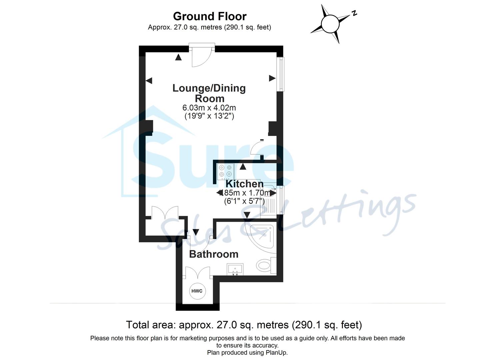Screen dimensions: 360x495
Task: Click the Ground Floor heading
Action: point(209,16)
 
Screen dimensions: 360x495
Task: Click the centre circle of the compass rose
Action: point(330,24)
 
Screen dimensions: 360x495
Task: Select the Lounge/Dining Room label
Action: point(209,93)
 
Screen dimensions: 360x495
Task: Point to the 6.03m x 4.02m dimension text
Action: point(209,108)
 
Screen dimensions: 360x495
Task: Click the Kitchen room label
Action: point(244,184)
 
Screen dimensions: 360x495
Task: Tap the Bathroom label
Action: point(214,254)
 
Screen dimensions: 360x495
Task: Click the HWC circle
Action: point(197,291)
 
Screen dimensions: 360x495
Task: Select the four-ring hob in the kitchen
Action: point(225,171)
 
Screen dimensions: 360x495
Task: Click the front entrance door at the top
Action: point(202,55)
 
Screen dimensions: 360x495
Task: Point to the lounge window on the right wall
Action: point(281,74)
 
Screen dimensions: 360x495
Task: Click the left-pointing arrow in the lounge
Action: point(149,81)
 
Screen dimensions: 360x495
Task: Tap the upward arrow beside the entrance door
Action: point(179,57)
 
